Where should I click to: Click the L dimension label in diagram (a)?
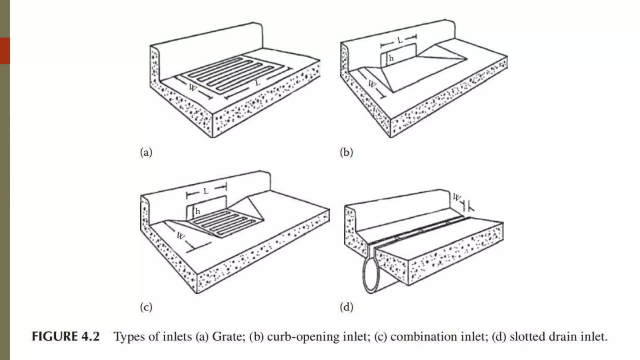257,83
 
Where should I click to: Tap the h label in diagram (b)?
391,58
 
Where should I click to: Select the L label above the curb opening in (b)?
400,41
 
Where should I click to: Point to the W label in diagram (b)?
372,84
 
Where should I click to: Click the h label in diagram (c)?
197,212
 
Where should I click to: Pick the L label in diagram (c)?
206,191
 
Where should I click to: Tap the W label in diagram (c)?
181,236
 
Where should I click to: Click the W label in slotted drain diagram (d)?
457,197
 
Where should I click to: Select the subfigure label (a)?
146,152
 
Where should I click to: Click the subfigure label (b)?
346,152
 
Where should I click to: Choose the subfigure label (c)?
146,307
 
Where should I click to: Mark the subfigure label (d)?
346,307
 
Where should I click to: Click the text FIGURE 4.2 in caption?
66,337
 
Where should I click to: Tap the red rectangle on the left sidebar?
5,51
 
